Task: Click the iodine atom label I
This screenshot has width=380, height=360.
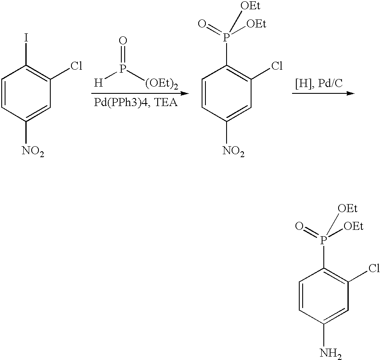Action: pyautogui.click(x=26, y=38)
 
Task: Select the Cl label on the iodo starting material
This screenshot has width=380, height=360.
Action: pyautogui.click(x=76, y=65)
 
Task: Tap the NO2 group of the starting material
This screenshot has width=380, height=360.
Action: pyautogui.click(x=33, y=151)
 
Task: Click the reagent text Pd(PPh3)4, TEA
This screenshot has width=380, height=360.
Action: pyautogui.click(x=136, y=103)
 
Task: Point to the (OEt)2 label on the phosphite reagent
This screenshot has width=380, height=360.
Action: pyautogui.click(x=161, y=84)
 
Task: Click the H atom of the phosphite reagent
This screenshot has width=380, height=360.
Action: pyautogui.click(x=98, y=83)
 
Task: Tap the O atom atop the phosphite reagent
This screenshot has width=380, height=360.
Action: pyautogui.click(x=123, y=41)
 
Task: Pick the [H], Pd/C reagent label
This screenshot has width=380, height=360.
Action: pyautogui.click(x=319, y=83)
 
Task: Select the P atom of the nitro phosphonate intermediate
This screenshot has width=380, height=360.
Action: pyautogui.click(x=226, y=38)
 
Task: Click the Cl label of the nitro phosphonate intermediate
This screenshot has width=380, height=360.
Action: pyautogui.click(x=277, y=65)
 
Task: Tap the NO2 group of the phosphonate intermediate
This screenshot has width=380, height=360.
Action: pyautogui.click(x=233, y=151)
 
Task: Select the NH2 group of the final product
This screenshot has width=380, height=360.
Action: pyautogui.click(x=331, y=354)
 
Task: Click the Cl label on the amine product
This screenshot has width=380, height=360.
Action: pyautogui.click(x=374, y=268)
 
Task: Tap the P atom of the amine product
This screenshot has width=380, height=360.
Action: pyautogui.click(x=323, y=240)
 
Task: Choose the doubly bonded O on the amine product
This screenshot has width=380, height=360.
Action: pyautogui.click(x=299, y=226)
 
